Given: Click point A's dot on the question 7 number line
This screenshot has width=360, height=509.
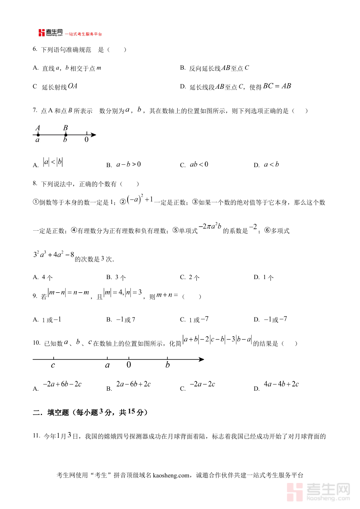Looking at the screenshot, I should point(38,135).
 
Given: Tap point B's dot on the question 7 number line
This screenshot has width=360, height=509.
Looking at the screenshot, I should point(66,135).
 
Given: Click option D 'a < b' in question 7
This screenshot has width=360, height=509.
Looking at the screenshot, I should point(271,164).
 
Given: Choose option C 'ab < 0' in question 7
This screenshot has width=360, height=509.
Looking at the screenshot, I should point(199,164).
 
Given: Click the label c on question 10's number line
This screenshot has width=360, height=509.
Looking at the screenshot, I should point(53,365).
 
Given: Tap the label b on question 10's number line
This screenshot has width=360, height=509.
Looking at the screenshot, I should point(168,365).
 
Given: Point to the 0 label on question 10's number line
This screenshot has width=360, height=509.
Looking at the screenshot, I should point(128,365).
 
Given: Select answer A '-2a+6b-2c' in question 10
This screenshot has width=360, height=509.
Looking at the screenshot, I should point(62,384).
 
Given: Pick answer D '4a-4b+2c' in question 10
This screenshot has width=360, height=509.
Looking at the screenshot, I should point(281,384).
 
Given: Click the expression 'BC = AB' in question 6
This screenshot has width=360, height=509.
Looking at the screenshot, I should point(277,86).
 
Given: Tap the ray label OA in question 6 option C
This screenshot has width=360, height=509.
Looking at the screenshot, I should point(72,86).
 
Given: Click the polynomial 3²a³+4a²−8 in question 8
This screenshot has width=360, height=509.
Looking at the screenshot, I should point(53,255).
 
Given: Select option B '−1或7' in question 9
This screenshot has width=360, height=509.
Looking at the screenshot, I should point(126,319).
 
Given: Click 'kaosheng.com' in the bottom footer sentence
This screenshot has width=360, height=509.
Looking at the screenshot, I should point(170,475).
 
